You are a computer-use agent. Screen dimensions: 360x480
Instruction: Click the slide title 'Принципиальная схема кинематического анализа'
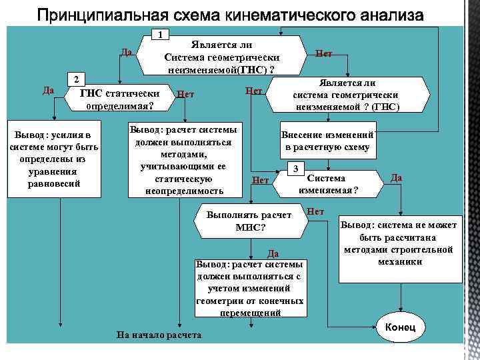click(x=230, y=14)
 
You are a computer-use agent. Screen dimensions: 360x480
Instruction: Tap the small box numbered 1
click(x=160, y=34)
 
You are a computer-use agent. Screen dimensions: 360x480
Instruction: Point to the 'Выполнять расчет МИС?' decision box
click(x=249, y=222)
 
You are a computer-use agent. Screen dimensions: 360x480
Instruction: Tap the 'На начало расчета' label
click(x=159, y=334)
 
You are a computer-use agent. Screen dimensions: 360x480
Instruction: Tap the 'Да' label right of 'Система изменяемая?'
click(x=396, y=177)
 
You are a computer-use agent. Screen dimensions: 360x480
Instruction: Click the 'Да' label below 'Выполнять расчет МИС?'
click(x=272, y=253)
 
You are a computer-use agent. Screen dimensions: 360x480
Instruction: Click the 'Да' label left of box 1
click(x=126, y=53)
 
